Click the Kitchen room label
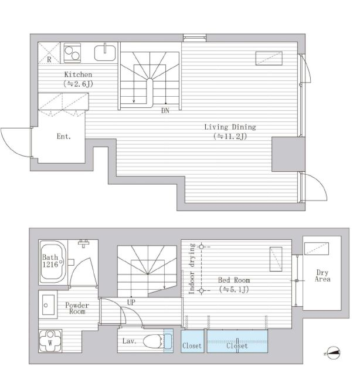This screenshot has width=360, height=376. (x=78, y=74)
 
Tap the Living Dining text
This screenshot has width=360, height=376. (x=230, y=127)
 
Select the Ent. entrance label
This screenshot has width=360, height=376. (x=64, y=137)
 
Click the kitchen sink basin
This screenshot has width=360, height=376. (x=105, y=53)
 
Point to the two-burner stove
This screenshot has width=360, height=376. (x=72, y=53)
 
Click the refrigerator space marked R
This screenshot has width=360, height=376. (x=49, y=53)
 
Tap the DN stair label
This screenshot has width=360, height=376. (x=165, y=110)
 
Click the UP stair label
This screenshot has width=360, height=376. (x=131, y=302)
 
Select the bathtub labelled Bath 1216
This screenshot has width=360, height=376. (x=53, y=262)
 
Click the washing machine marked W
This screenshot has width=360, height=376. (x=50, y=341)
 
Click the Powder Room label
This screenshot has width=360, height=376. (x=77, y=309)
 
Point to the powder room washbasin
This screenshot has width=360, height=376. (x=48, y=305)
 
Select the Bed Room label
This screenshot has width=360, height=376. (x=234, y=280)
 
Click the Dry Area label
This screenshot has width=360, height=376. (x=322, y=276)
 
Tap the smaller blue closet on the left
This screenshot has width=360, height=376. (x=192, y=341)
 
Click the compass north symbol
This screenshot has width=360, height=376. (x=334, y=353)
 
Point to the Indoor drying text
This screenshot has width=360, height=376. (x=192, y=269)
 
